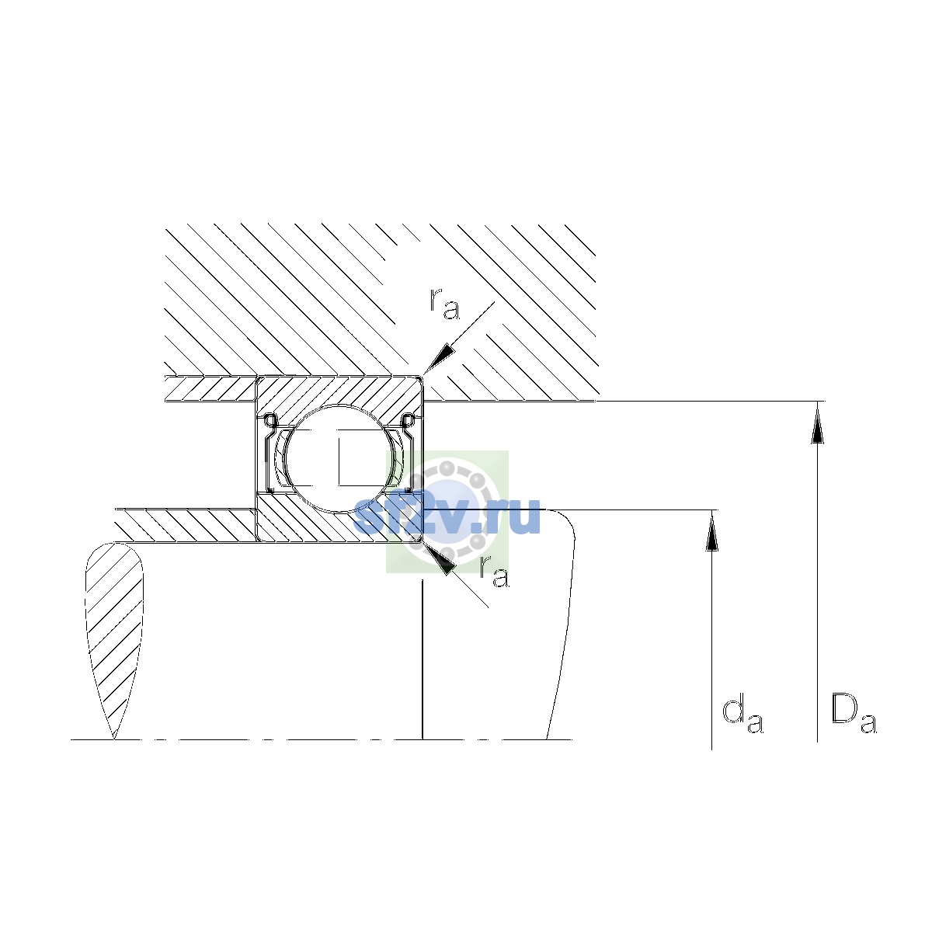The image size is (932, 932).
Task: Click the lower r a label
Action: pyautogui.click(x=494, y=571)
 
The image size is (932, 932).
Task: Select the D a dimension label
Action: pyautogui.click(x=854, y=714)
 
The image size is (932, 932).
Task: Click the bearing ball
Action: pyautogui.click(x=340, y=458)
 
